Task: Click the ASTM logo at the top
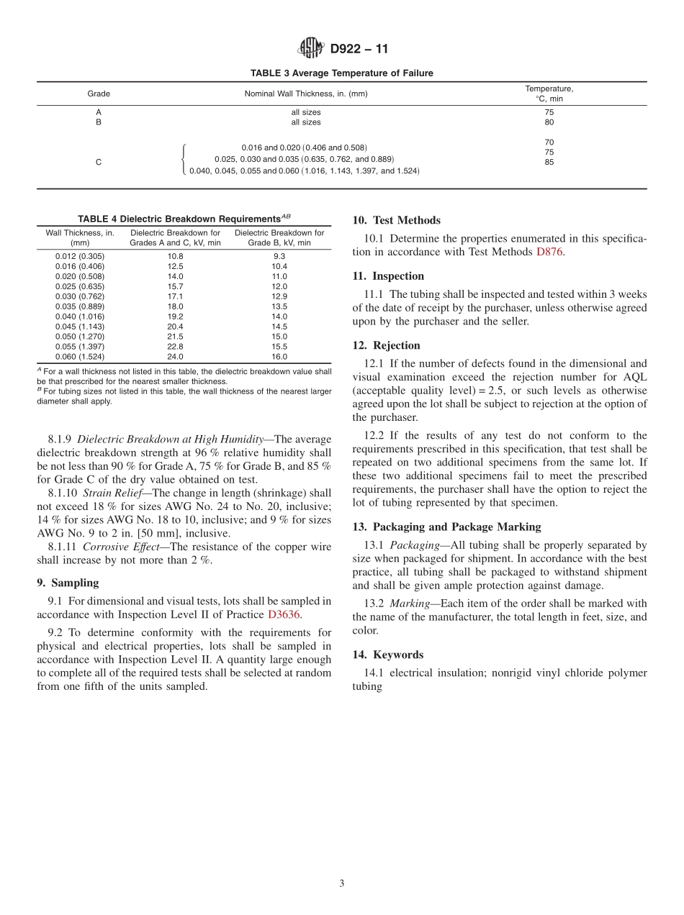[x=311, y=49]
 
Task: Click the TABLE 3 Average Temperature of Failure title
[x=341, y=73]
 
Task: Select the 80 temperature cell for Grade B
[x=549, y=122]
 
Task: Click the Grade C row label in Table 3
[x=99, y=163]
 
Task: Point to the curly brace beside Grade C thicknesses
[x=184, y=159]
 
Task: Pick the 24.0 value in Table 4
[x=175, y=357]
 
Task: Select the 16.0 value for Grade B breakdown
[x=279, y=357]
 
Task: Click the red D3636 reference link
[x=284, y=614]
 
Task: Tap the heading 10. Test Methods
[x=396, y=220]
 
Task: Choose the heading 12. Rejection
[x=386, y=345]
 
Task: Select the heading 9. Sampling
[x=68, y=583]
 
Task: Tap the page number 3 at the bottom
[x=342, y=884]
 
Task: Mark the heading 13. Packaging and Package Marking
[x=446, y=527]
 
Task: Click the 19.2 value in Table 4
[x=175, y=317]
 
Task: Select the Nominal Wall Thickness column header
[x=306, y=94]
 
